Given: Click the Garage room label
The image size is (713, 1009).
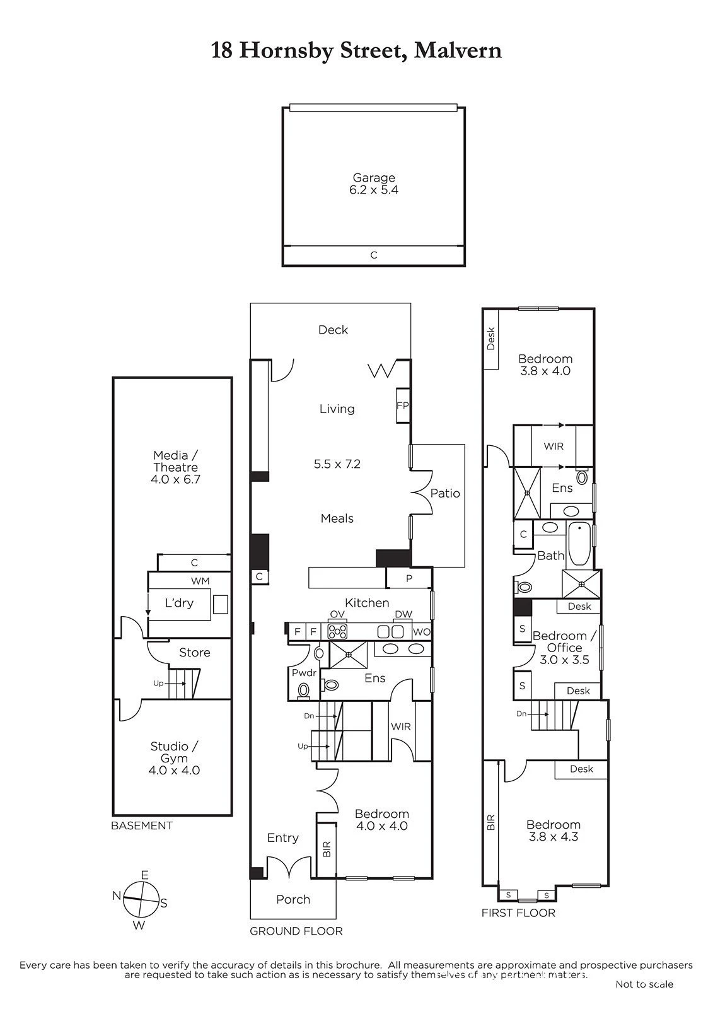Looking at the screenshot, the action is click(x=373, y=177).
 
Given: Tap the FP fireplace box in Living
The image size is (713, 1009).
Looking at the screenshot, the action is click(x=403, y=405).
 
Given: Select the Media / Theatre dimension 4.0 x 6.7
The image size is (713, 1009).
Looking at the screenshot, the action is click(x=175, y=479).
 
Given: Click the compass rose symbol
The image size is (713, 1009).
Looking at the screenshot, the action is click(x=141, y=899).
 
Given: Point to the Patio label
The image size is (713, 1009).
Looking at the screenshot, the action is click(x=445, y=493).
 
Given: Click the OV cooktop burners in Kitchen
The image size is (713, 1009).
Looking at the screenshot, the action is click(x=337, y=632).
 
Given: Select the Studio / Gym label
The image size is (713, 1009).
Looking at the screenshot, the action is click(x=174, y=752).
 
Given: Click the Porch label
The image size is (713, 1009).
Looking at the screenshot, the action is click(x=293, y=899).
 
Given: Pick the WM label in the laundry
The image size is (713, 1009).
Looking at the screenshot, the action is click(x=200, y=581).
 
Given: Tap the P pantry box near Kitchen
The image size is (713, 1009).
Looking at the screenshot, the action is click(x=409, y=578).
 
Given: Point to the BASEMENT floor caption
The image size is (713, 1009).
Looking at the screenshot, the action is click(x=141, y=825).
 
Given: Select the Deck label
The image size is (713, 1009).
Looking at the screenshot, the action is click(x=333, y=330).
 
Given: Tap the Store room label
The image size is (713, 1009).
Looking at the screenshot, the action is click(x=195, y=652).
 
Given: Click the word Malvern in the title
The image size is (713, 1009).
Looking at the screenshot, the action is click(x=458, y=50).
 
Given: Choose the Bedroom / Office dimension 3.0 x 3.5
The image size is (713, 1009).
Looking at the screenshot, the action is click(x=564, y=660).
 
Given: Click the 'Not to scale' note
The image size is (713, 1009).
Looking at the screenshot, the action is click(x=644, y=984).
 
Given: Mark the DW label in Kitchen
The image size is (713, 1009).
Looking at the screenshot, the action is click(x=403, y=614).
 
